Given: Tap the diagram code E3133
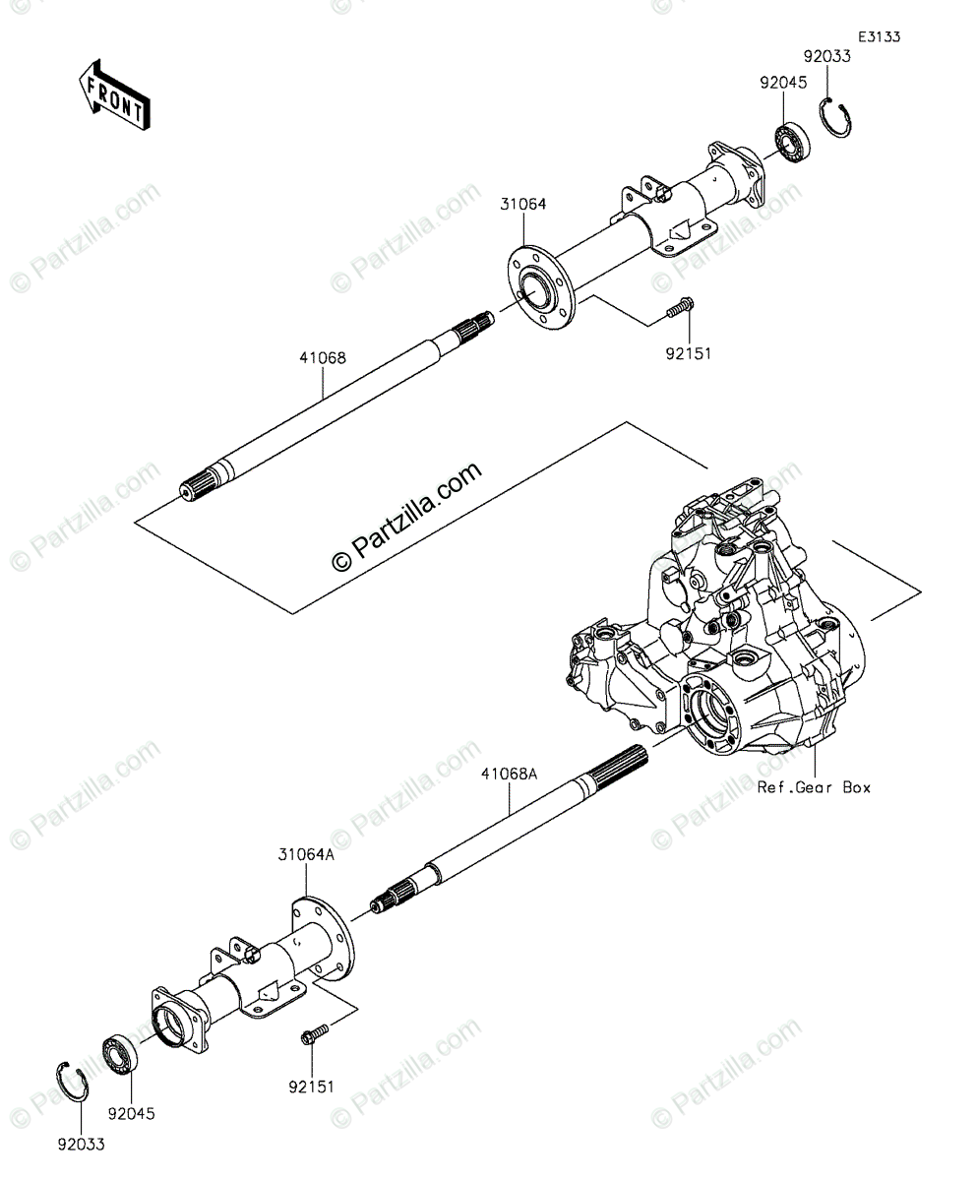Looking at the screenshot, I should point(879,36).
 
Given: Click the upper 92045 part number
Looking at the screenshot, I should point(782,84).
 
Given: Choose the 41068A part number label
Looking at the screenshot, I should point(510,775).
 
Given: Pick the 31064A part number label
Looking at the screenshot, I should point(305,856).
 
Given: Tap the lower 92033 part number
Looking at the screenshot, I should point(81,1144).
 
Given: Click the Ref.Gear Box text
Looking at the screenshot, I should point(814,787).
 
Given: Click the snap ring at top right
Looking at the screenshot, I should point(837,118).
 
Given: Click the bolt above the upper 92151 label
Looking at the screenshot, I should point(679,309).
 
